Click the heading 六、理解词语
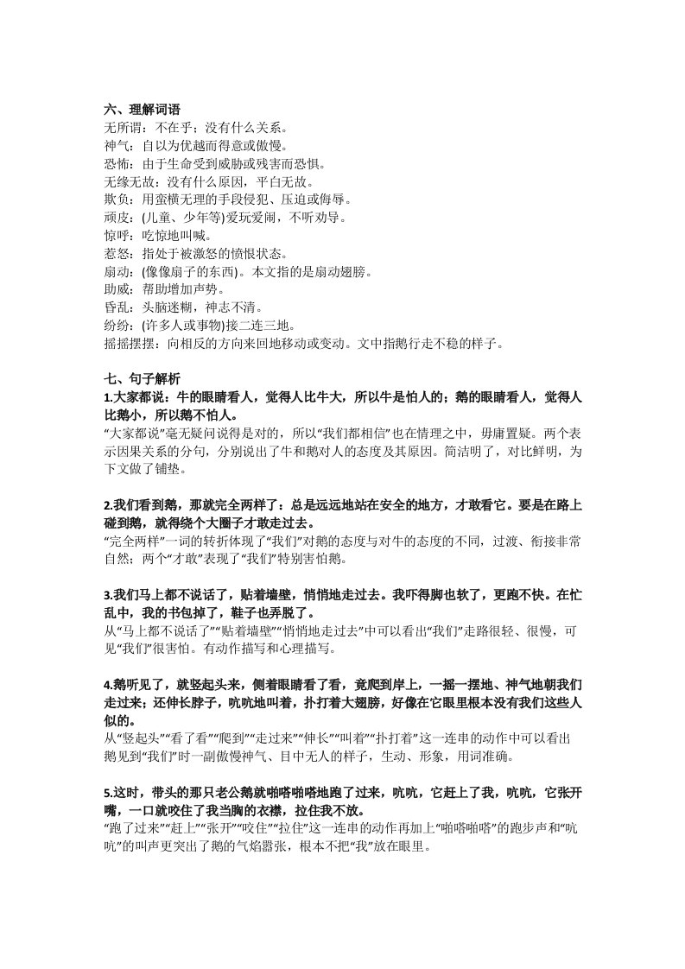tap(142, 110)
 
